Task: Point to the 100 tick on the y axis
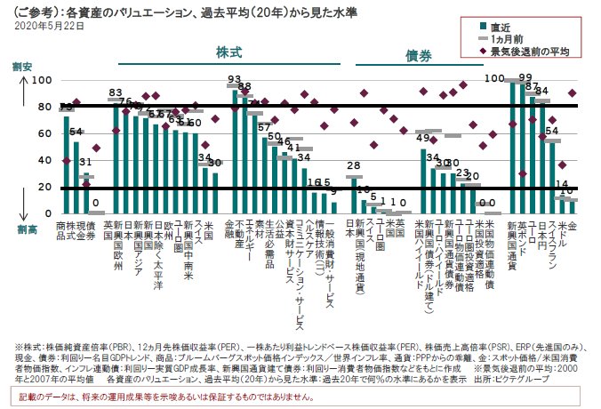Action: [41, 81]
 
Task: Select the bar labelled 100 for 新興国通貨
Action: [514, 148]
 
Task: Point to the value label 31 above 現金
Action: [85, 163]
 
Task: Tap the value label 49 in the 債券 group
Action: [423, 139]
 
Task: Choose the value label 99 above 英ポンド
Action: [525, 77]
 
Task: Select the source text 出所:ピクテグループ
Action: [540, 378]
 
